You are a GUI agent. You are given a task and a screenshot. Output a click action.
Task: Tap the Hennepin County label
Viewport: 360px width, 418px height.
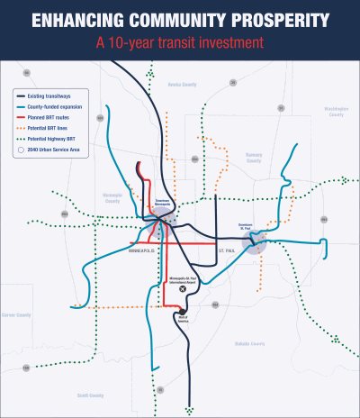point(112,199)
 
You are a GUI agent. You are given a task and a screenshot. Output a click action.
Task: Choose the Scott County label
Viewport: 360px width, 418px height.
point(90,395)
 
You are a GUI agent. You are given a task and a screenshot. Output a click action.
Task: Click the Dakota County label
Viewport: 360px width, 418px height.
point(251,343)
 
